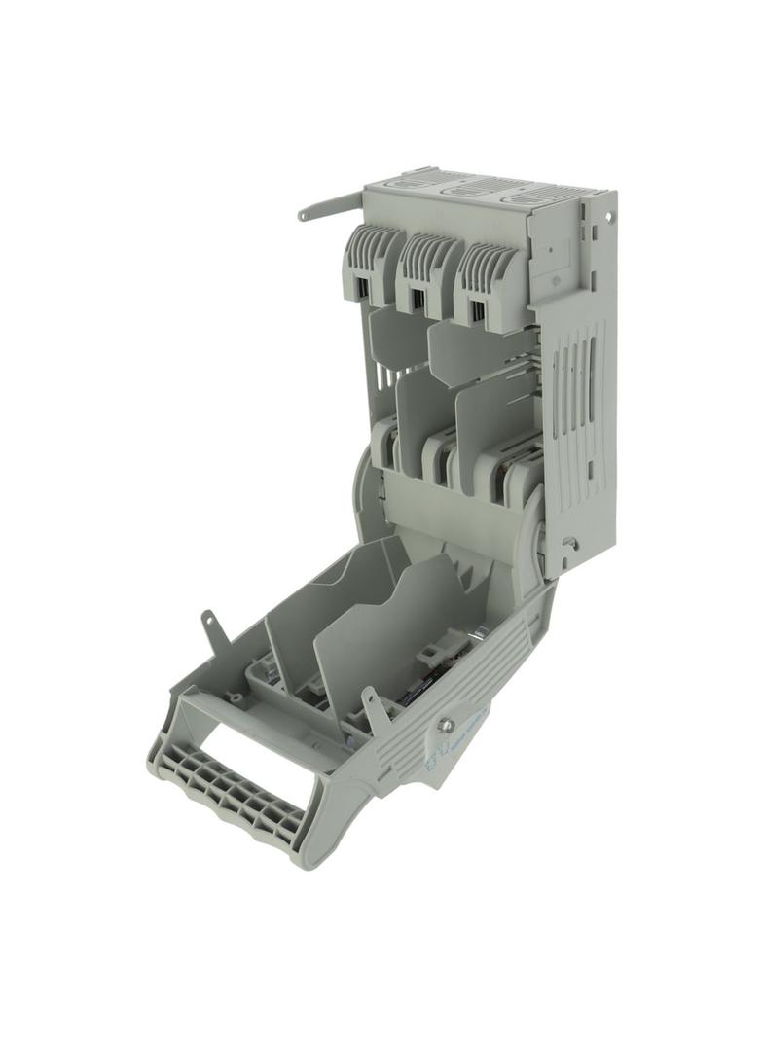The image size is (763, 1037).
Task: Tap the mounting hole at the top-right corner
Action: pos(609,216)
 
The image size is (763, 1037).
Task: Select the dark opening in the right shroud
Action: pos(477,310)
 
